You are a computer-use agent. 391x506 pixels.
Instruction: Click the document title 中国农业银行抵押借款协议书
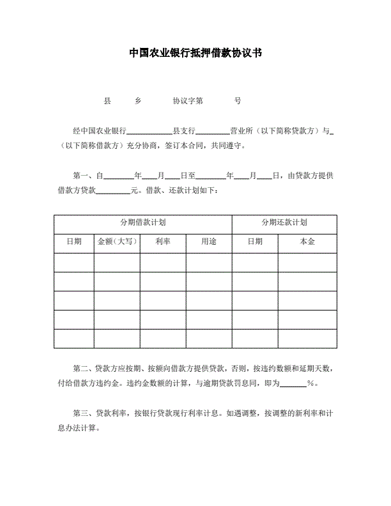[195, 52]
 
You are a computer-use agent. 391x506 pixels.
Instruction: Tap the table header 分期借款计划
[143, 222]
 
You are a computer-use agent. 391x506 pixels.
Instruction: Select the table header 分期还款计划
[284, 222]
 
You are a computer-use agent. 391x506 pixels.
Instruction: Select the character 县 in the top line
[107, 101]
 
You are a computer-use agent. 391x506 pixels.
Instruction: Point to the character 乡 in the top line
[138, 101]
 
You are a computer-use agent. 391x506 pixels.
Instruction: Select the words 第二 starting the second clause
[81, 369]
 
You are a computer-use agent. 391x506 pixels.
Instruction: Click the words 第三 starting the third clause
[81, 413]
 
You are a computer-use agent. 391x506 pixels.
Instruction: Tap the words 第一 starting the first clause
[81, 175]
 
